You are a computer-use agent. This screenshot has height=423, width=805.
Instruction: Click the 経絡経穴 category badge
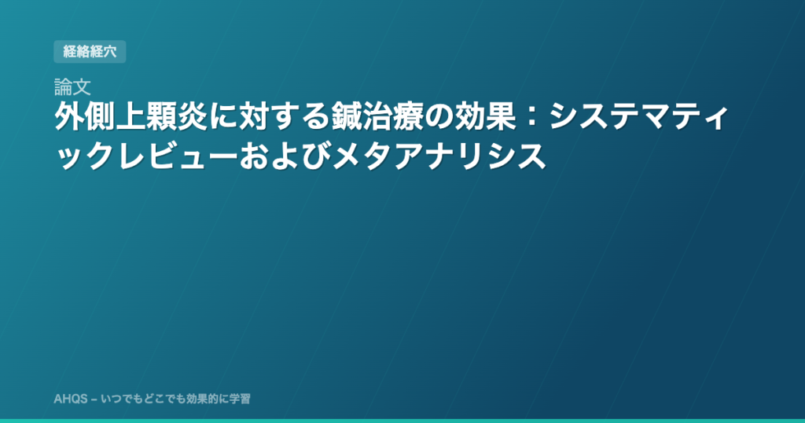pyautogui.click(x=90, y=52)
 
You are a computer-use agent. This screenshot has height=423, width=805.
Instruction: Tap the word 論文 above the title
pyautogui.click(x=72, y=88)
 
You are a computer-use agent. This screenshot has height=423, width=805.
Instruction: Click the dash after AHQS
pyautogui.click(x=94, y=399)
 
